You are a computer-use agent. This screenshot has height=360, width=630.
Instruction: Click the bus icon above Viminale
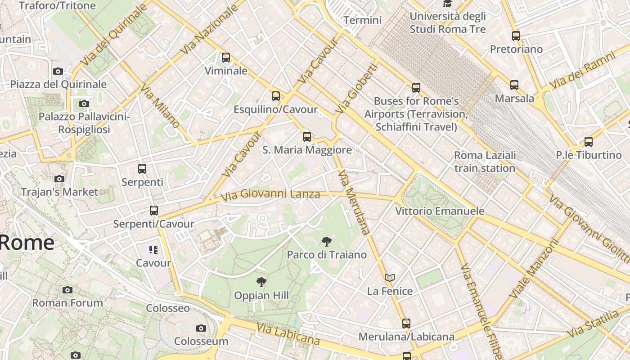click(x=226, y=58)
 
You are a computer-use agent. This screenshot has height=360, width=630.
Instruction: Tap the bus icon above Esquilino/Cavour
click(x=276, y=96)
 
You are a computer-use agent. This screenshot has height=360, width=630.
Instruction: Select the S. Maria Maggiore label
click(x=307, y=150)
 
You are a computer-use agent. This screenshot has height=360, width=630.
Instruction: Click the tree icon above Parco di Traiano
click(x=327, y=242)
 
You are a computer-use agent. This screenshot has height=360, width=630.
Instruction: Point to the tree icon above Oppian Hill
click(x=261, y=283)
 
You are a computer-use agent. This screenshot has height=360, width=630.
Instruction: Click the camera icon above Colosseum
click(x=201, y=328)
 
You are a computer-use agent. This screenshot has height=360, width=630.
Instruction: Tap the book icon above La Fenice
click(x=390, y=278)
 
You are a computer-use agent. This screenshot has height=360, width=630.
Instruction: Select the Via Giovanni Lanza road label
click(x=270, y=194)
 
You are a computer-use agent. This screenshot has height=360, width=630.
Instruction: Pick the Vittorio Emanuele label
click(x=440, y=211)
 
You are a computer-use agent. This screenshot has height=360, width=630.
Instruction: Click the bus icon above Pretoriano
click(x=516, y=36)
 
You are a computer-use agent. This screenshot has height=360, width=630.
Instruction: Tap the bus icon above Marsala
click(x=514, y=85)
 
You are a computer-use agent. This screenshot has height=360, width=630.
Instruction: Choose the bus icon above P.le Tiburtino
click(x=589, y=142)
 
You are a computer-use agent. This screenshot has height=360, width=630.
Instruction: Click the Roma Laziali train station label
click(x=485, y=162)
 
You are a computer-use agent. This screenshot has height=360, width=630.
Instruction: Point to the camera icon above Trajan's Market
click(x=59, y=179)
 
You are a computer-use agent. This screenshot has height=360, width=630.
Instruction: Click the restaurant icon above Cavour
click(x=153, y=249)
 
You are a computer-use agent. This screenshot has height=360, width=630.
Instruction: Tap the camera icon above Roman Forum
click(x=67, y=290)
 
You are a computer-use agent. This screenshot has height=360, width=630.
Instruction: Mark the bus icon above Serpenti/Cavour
click(x=154, y=210)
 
